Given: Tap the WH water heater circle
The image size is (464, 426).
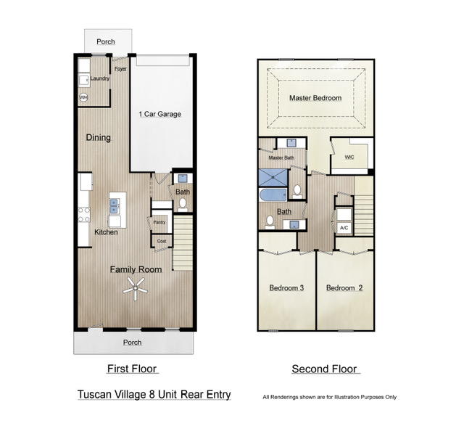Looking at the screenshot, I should (83, 97).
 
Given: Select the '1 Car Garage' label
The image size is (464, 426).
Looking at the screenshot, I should (159, 114).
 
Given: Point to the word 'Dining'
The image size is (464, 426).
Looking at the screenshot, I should (99, 137).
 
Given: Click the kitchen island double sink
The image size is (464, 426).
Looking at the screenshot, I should (115, 208).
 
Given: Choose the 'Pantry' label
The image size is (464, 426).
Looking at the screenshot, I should (159, 222).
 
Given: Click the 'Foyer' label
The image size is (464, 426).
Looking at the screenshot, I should (120, 70).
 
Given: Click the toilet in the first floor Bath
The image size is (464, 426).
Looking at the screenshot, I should (183, 204).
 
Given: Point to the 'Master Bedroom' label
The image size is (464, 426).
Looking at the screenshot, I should (315, 97).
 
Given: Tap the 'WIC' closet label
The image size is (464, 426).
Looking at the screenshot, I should (349, 156).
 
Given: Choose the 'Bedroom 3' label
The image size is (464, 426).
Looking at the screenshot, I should (286, 288).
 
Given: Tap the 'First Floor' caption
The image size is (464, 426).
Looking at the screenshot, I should (132, 369).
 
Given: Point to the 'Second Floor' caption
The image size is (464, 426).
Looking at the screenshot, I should (325, 369).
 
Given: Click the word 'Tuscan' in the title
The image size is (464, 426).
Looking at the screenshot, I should (96, 395).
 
